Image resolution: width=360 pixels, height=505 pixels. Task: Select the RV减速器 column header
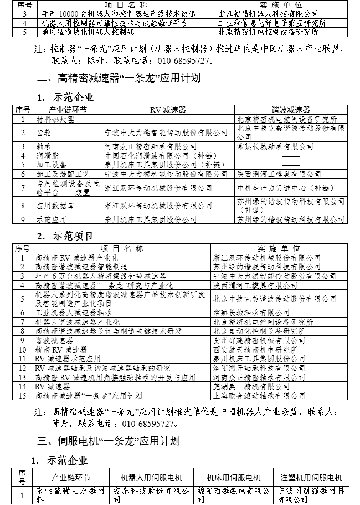coord(168,110)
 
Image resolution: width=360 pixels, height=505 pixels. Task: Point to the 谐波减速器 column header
coord(290,110)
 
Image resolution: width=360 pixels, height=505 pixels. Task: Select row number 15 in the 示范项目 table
coord(23,394)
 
